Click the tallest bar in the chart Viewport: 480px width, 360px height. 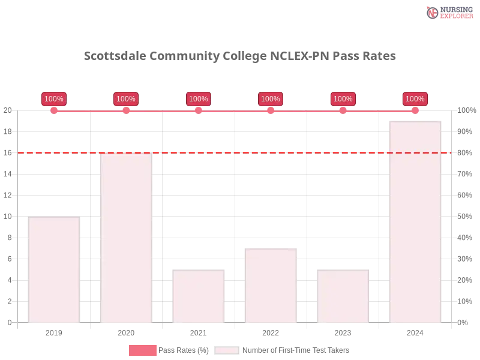coord(415,222)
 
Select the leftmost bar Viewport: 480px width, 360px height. coord(53,270)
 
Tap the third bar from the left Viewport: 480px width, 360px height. coord(197,296)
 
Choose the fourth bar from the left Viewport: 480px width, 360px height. coord(270,285)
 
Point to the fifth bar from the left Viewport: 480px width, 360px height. coord(343,296)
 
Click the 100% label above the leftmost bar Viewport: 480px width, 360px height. coord(54,99)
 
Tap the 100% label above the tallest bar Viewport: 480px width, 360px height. coord(415,99)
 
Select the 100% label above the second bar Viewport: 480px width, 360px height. coord(126,99)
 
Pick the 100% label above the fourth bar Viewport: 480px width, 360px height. coord(271,99)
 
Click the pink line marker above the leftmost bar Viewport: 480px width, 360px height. coord(54,110)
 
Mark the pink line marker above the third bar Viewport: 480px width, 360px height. coord(198,110)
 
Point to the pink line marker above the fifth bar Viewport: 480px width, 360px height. coord(343,110)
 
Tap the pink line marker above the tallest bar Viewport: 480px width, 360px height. coord(415,110)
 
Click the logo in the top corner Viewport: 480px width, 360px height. coord(449,12)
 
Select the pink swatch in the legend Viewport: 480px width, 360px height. coord(142,350)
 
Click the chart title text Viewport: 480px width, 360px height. coord(239,56)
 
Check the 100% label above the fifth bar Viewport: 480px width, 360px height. coord(343,99)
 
